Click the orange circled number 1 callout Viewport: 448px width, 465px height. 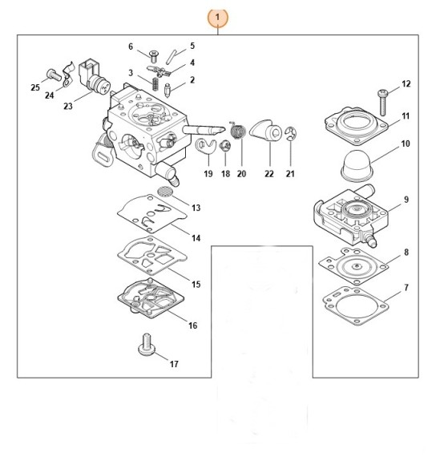pos(218,16)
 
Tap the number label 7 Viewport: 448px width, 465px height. pos(406,286)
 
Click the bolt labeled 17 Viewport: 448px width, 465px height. pos(146,346)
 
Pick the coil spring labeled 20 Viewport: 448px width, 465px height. pos(237,128)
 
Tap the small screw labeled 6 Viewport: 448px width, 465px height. pos(154,56)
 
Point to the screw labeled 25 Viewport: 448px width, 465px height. pos(50,74)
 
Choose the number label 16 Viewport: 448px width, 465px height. pos(192,325)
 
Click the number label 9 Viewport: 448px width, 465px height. pos(406,200)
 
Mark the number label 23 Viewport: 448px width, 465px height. pos(68,105)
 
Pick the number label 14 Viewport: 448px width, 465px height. pos(196,238)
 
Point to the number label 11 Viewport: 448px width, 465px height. pos(406,116)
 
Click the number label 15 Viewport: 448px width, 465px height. pos(196,284)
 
